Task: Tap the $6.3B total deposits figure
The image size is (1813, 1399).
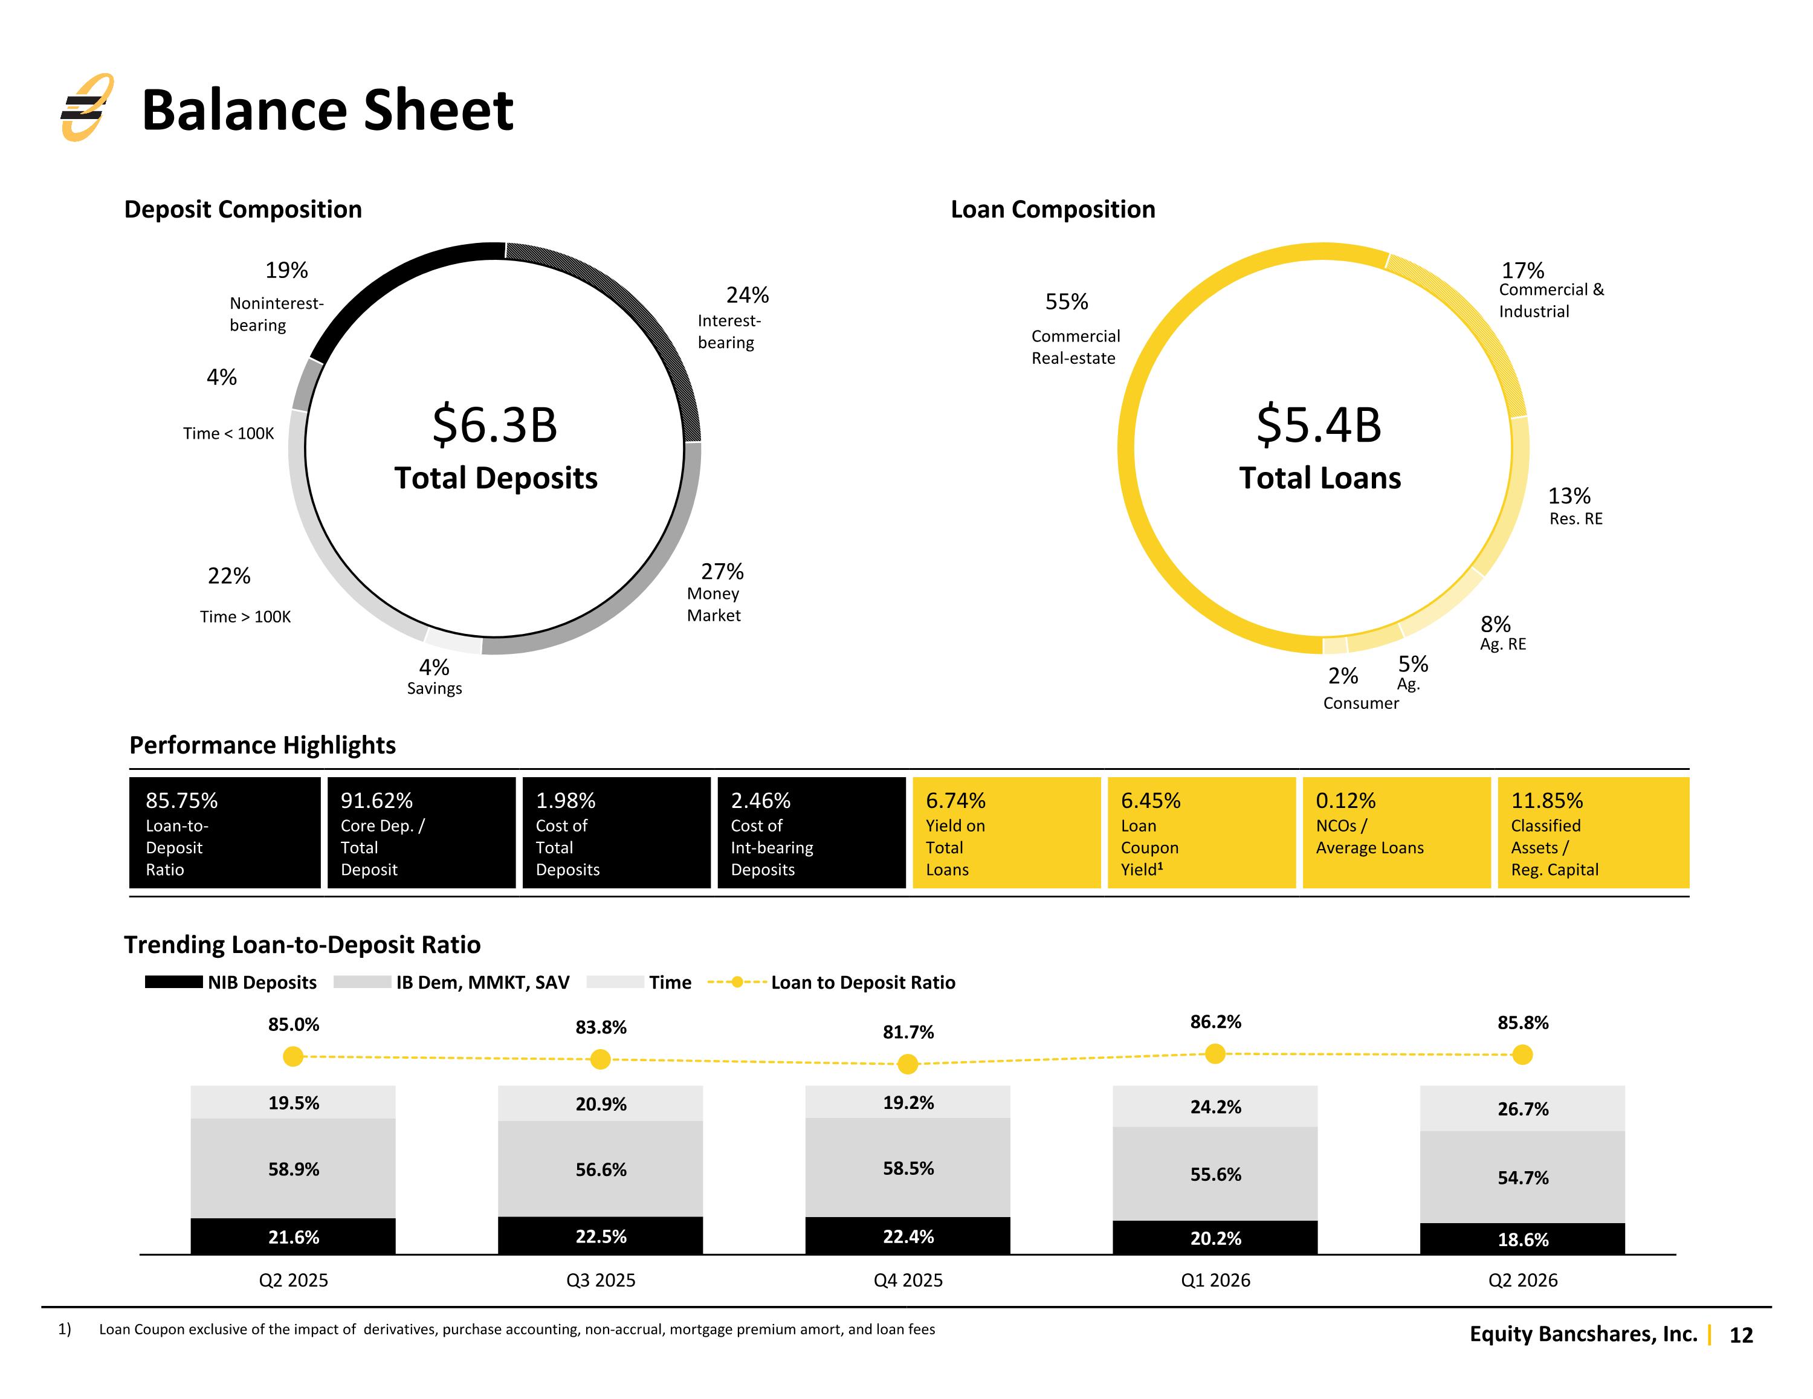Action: pyautogui.click(x=495, y=424)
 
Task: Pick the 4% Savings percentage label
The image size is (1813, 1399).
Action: pyautogui.click(x=433, y=667)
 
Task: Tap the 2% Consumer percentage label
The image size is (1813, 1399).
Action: pyautogui.click(x=1342, y=676)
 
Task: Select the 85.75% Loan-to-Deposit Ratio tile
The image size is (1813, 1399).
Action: pyautogui.click(x=225, y=833)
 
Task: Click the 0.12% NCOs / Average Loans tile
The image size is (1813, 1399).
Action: pyautogui.click(x=1396, y=833)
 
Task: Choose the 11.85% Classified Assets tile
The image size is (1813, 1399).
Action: pyautogui.click(x=1593, y=833)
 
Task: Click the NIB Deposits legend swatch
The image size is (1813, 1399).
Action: pyautogui.click(x=173, y=982)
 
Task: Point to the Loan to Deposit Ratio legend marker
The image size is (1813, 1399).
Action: pyautogui.click(x=736, y=982)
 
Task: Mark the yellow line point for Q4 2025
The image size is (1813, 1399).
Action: pyautogui.click(x=908, y=1064)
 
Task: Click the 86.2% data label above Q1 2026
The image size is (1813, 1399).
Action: pyautogui.click(x=1215, y=1022)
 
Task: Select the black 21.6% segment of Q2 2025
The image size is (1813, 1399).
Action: pyautogui.click(x=293, y=1236)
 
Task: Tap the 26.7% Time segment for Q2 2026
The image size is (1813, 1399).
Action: pyautogui.click(x=1522, y=1108)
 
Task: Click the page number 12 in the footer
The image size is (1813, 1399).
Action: pyautogui.click(x=1740, y=1335)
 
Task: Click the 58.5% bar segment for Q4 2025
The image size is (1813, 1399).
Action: pyautogui.click(x=908, y=1168)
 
